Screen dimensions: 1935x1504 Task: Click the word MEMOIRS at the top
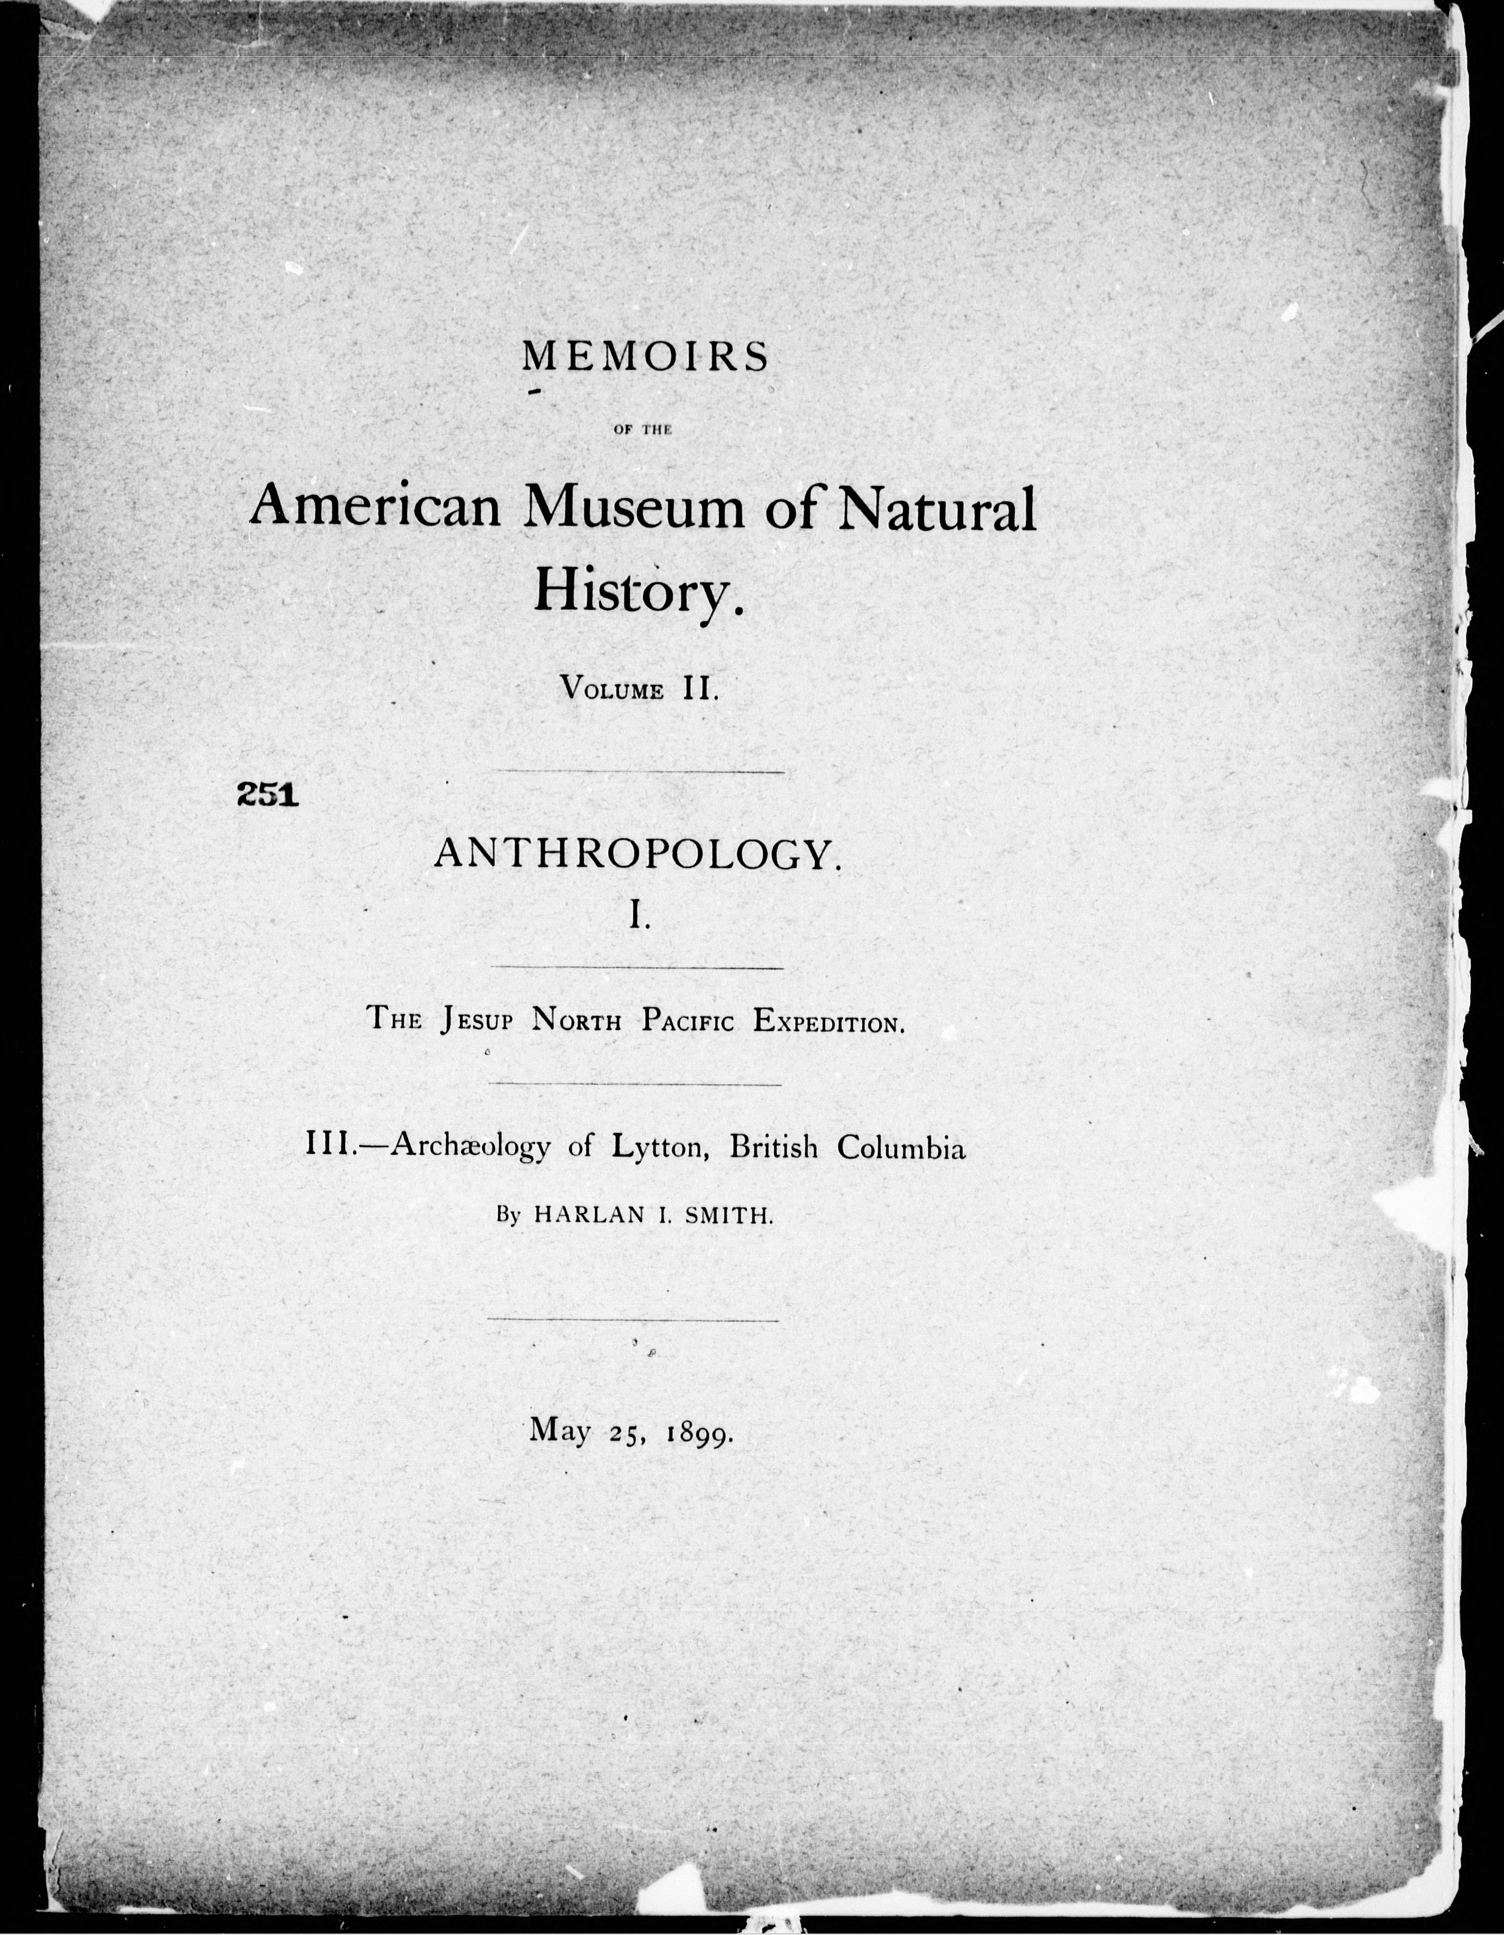[x=645, y=358]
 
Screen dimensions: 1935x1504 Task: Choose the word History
[x=636, y=589]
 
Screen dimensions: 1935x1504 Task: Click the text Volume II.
[x=638, y=688]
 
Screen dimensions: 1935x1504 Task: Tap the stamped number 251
[x=266, y=795]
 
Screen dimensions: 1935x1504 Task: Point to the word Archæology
[x=470, y=1148]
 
